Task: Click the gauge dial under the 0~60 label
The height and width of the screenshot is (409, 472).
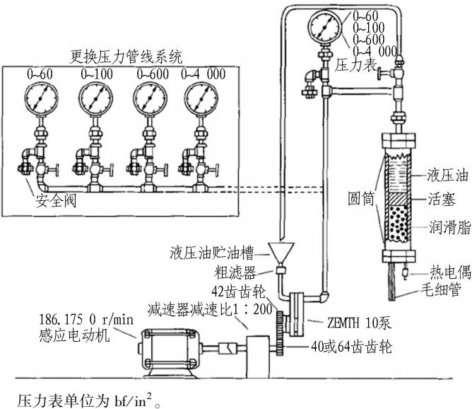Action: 41,99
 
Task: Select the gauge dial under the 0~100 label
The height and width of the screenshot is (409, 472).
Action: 95,99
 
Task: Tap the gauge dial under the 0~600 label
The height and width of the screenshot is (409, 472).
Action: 150,99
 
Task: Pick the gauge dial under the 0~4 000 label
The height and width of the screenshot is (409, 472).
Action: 201,99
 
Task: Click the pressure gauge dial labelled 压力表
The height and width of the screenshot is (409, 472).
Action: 325,26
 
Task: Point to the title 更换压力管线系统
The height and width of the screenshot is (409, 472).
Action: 126,57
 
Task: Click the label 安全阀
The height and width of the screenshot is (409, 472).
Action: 56,201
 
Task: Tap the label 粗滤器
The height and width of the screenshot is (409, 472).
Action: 235,272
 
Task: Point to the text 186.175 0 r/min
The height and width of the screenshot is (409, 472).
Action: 86,319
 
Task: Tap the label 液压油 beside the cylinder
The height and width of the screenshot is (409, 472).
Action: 447,175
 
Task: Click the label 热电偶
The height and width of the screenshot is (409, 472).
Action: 450,272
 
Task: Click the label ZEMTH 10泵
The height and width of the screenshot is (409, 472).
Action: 359,323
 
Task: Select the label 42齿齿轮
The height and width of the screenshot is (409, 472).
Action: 239,291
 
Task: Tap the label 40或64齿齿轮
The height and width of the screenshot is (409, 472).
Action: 352,347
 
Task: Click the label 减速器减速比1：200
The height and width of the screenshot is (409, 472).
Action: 210,309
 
